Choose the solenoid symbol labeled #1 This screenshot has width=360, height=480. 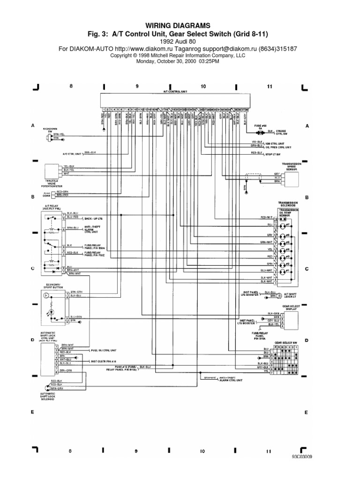tap(283, 271)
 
